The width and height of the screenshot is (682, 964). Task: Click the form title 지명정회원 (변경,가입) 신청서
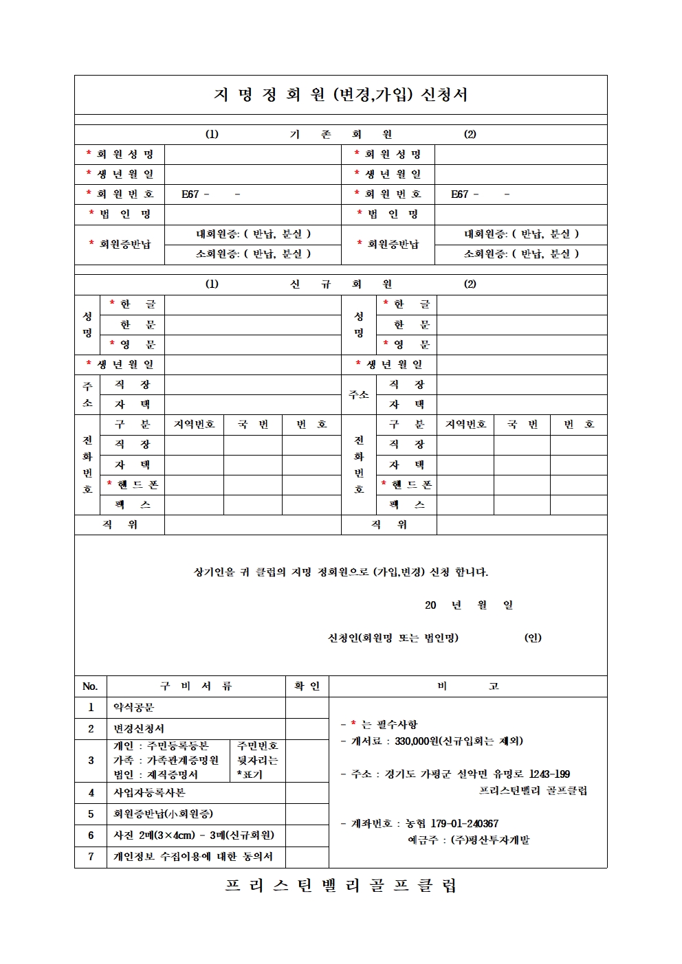click(341, 95)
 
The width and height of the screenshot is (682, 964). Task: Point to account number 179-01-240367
click(464, 823)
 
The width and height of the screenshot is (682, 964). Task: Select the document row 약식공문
click(134, 707)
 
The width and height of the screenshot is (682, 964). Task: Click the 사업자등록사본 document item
click(149, 792)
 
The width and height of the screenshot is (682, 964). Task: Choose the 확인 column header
click(307, 686)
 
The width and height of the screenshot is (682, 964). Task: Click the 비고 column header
click(467, 686)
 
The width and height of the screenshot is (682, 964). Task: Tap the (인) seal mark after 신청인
click(533, 638)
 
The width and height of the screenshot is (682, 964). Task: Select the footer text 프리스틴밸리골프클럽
click(341, 886)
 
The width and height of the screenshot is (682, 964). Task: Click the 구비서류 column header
click(196, 686)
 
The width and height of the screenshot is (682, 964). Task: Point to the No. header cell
click(90, 686)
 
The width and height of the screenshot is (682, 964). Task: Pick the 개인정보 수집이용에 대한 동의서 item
click(192, 856)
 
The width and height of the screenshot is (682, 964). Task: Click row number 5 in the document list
click(91, 814)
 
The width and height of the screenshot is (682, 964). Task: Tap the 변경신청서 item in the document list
click(139, 728)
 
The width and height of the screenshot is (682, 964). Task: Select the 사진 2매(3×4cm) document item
click(193, 835)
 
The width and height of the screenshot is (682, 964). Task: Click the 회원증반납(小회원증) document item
click(163, 814)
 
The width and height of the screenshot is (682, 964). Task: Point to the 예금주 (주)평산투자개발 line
click(468, 840)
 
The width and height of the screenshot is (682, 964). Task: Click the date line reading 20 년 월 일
click(468, 605)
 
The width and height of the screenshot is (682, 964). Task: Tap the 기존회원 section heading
click(341, 134)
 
